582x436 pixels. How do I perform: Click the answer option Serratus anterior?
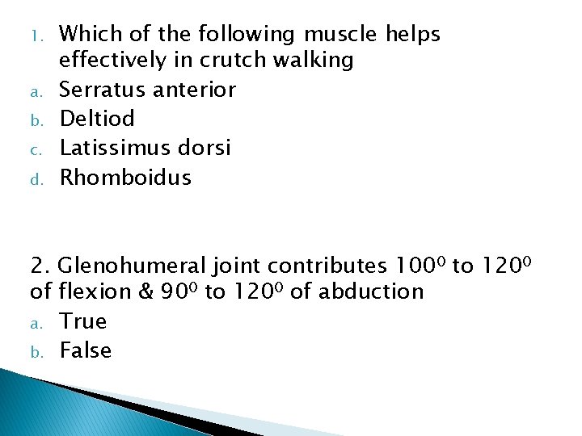(147, 90)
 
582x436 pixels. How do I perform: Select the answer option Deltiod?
(97, 119)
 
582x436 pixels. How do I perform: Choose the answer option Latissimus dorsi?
(145, 148)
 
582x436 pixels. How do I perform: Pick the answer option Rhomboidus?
(125, 177)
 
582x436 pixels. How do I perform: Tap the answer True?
(83, 321)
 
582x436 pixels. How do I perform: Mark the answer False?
(86, 350)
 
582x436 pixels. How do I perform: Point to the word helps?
(413, 35)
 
